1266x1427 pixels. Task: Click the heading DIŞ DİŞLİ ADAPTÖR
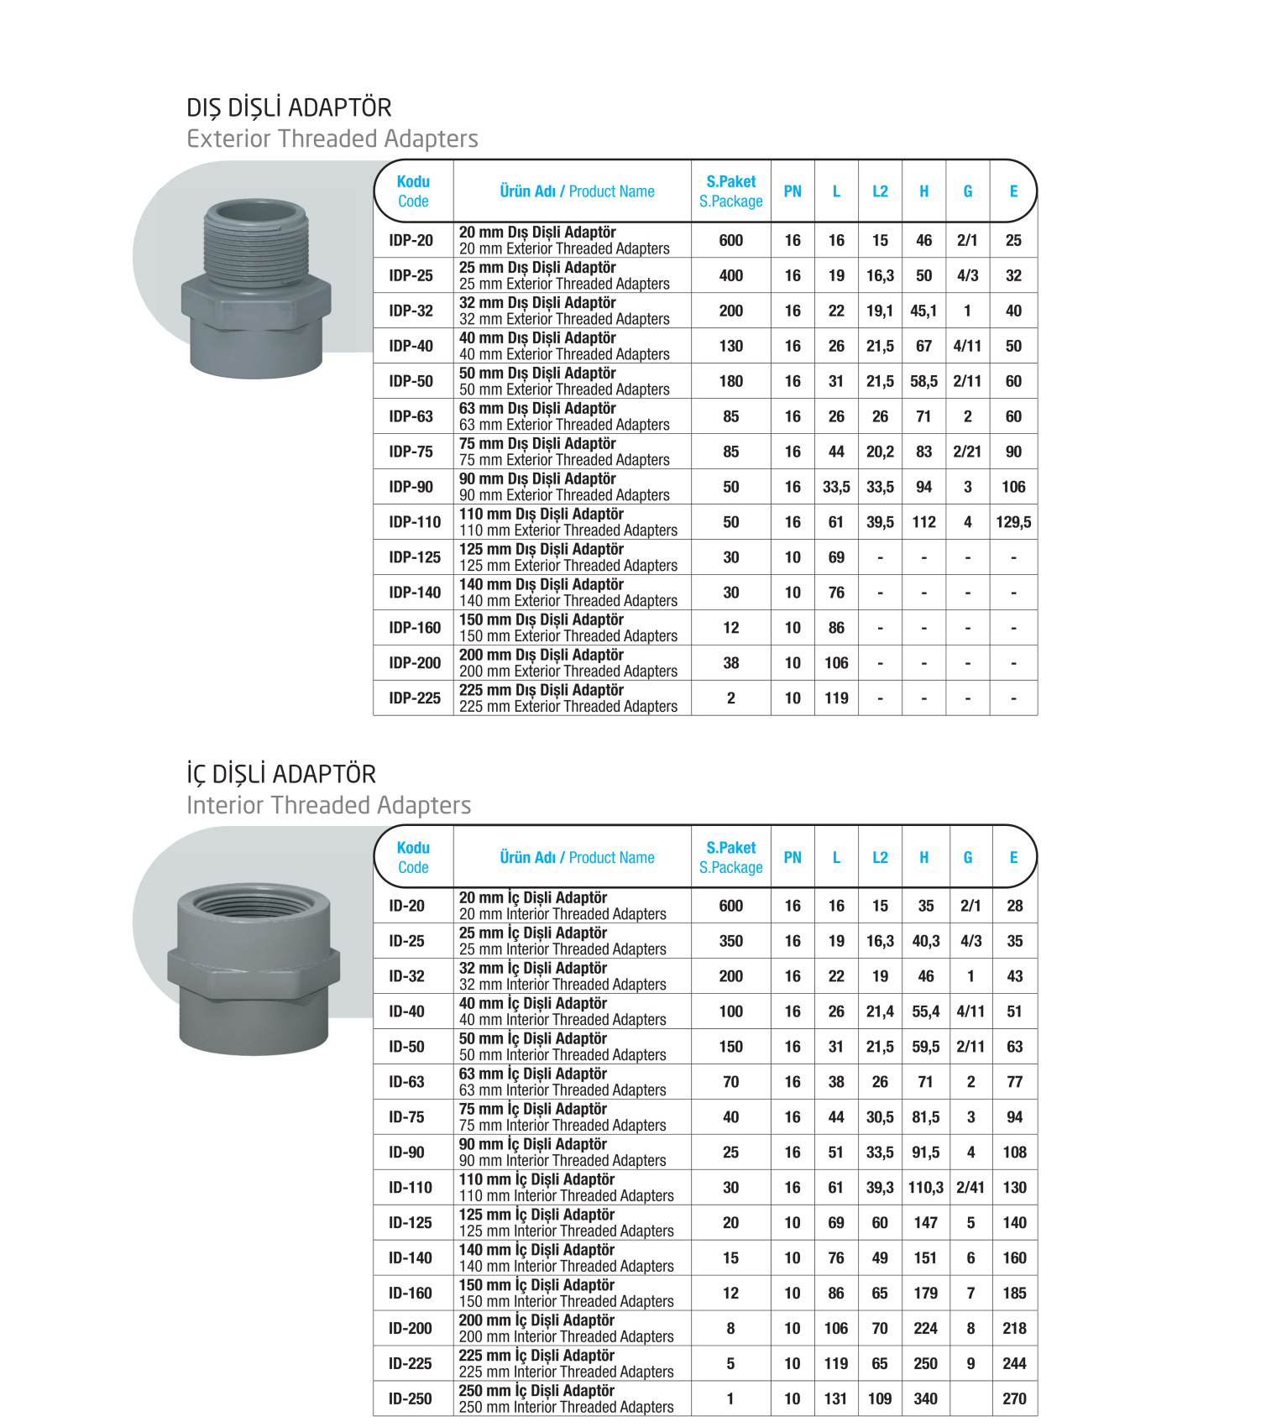[x=289, y=107]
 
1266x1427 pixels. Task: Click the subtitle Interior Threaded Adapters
[x=328, y=805]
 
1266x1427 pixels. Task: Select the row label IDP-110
[x=414, y=522]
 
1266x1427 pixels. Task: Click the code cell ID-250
[x=410, y=1398]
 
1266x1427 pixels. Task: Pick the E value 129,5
[x=1013, y=522]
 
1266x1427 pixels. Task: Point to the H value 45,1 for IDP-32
[x=923, y=311]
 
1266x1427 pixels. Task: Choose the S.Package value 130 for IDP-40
[x=730, y=346]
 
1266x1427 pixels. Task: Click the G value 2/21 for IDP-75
[x=967, y=452]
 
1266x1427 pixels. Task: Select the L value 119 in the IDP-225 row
[x=836, y=698]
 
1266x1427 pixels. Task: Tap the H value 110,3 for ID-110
[x=925, y=1188]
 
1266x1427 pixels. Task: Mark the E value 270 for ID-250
[x=1014, y=1398]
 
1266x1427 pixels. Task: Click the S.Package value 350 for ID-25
[x=730, y=941]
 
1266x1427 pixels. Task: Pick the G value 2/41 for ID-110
[x=970, y=1188]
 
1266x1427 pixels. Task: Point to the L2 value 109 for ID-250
[x=880, y=1398]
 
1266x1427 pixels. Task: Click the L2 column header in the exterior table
[x=880, y=191]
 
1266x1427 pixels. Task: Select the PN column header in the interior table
[x=793, y=858]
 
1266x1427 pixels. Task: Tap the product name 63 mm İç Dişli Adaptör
[x=532, y=1074]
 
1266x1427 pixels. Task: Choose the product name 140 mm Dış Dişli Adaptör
[x=541, y=584]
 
